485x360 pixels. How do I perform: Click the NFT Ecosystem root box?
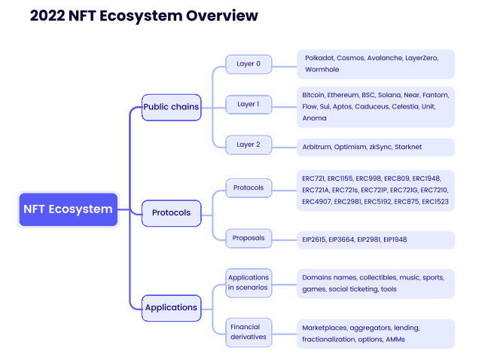(69, 209)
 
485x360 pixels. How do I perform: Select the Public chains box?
(172, 107)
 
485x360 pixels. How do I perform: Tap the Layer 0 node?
(249, 64)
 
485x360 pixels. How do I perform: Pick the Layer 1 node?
(249, 105)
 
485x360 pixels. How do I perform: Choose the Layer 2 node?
(249, 145)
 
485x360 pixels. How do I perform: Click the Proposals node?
(249, 238)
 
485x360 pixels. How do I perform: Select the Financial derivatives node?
(249, 332)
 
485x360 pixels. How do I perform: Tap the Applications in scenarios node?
(249, 282)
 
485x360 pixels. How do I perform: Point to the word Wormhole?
(322, 69)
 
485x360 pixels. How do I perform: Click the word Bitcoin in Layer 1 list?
(313, 95)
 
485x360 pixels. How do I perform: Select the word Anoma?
(314, 118)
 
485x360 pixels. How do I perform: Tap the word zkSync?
(380, 147)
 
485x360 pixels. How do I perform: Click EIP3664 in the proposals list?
(341, 239)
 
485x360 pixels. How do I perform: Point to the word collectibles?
(378, 277)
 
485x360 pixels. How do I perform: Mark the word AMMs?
(395, 339)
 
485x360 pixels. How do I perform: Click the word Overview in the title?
(221, 16)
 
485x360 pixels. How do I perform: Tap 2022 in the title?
(47, 16)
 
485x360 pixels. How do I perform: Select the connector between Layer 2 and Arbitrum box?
(284, 147)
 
